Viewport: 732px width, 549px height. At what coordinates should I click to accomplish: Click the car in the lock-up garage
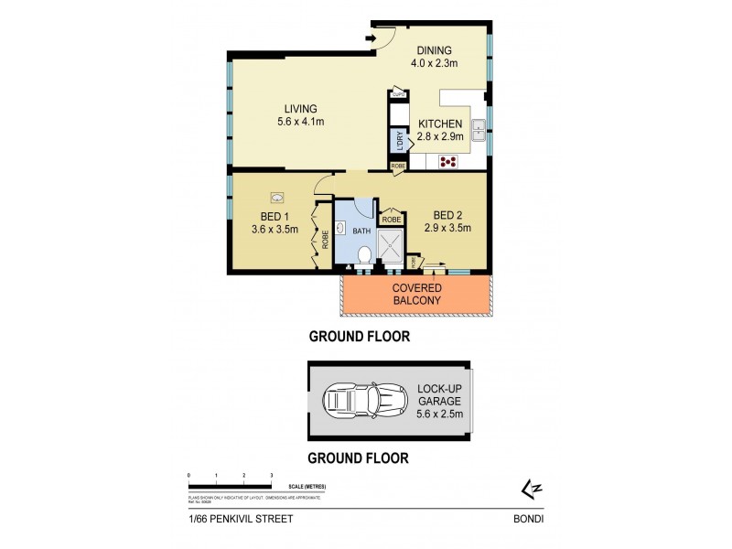tap(368, 400)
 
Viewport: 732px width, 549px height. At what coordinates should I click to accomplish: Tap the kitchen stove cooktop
tap(449, 163)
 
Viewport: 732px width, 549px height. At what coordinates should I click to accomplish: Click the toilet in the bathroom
tap(363, 260)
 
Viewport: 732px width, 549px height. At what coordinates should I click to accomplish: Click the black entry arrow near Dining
tap(370, 38)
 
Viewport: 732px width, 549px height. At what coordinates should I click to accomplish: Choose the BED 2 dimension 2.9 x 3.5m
tap(447, 229)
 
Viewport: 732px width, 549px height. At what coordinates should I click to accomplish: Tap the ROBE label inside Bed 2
tap(391, 220)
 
